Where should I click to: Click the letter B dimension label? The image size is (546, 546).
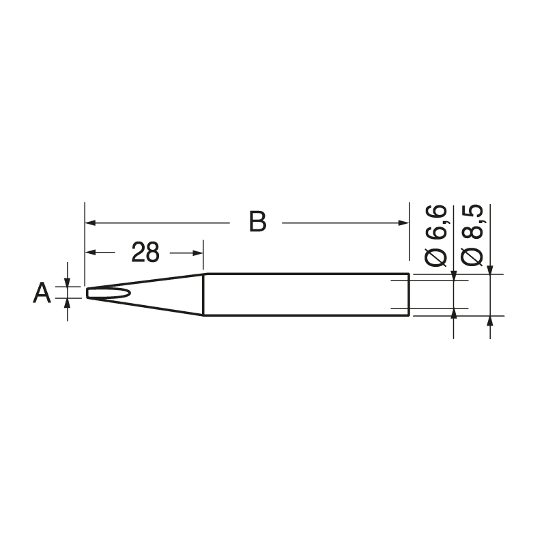click(x=257, y=222)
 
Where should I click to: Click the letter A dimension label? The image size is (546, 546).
click(x=42, y=294)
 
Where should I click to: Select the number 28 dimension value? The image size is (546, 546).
click(x=145, y=253)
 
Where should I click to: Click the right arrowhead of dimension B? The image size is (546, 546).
click(x=403, y=222)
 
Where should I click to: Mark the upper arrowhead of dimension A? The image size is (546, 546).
click(x=67, y=281)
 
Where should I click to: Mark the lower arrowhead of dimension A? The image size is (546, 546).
click(x=67, y=305)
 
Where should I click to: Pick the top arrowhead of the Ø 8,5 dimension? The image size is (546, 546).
click(x=489, y=270)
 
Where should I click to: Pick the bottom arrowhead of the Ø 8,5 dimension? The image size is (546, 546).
click(x=489, y=321)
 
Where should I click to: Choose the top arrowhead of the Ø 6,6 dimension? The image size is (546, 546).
click(x=454, y=275)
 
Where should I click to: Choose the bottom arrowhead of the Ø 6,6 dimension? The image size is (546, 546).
click(x=454, y=314)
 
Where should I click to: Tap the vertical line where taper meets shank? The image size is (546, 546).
click(x=204, y=295)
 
